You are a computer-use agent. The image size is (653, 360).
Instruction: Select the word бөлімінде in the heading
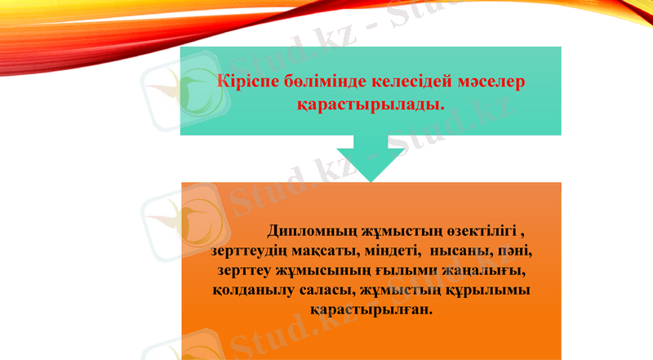click(322, 82)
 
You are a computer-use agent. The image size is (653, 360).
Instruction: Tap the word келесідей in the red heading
click(406, 82)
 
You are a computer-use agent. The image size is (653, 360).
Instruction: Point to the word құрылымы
click(483, 291)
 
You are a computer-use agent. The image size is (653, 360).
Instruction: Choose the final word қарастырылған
click(371, 311)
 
